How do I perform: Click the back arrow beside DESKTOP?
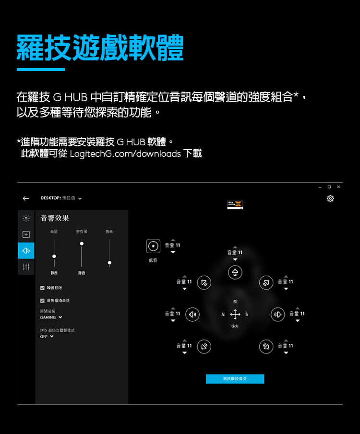tap(26, 199)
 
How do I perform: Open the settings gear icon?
tap(330, 199)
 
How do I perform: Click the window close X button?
tap(338, 187)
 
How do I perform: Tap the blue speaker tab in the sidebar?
tap(26, 250)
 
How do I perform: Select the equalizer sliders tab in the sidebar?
tap(26, 267)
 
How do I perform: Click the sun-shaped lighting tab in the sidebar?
tap(26, 218)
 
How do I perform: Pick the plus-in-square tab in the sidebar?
tap(26, 235)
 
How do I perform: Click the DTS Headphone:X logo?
tap(235, 204)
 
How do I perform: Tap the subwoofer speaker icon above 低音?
tap(153, 246)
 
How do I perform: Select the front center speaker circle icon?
tap(235, 272)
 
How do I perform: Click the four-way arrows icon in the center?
tap(235, 315)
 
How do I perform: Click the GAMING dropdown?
tap(51, 317)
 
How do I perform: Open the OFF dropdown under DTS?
tap(47, 336)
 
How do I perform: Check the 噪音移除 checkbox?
tap(43, 288)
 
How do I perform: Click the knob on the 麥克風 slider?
tap(82, 244)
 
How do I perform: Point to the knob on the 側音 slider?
tap(109, 263)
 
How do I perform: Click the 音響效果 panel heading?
tap(55, 218)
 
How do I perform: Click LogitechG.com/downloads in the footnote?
tap(125, 154)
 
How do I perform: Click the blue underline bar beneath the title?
tap(40, 70)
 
